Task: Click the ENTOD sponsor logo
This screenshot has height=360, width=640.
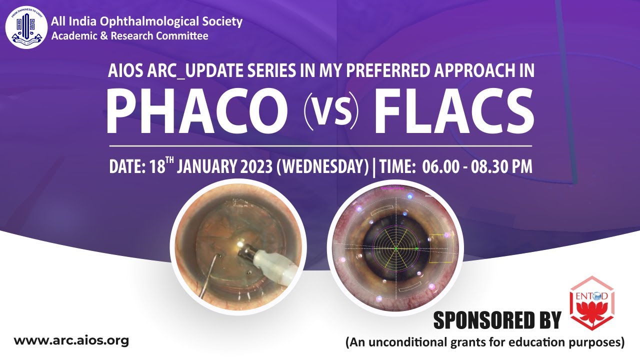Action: point(592,303)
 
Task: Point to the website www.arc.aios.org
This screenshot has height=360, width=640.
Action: point(71,341)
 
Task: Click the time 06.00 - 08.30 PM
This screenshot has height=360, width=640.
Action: point(477,167)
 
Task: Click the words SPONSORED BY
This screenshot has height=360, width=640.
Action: point(497,320)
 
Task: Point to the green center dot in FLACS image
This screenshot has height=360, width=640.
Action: point(395,248)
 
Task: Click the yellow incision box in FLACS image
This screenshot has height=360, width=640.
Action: point(442,248)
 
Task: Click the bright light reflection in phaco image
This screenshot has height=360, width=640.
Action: point(240,244)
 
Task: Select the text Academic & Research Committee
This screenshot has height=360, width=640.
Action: point(130,36)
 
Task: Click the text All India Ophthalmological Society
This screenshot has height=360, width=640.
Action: point(147,21)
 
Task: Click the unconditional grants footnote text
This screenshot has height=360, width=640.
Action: point(485,342)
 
